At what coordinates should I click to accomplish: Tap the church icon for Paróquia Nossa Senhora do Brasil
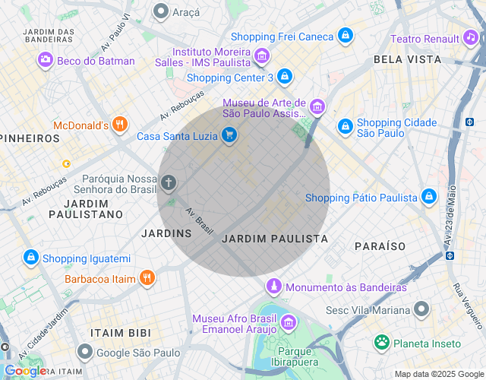tap(168, 182)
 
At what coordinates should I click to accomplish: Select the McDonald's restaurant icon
tap(119, 125)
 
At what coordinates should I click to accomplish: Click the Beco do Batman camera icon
tap(46, 61)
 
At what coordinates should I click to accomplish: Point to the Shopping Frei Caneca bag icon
tap(346, 36)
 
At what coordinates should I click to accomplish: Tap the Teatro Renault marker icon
tap(472, 38)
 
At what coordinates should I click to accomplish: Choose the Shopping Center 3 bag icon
tap(284, 77)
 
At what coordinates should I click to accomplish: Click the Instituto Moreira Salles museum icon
tap(262, 55)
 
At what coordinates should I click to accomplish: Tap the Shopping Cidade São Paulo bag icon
tap(345, 125)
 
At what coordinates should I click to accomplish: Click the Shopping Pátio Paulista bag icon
tap(429, 197)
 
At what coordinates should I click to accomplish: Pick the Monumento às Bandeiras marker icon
tap(273, 287)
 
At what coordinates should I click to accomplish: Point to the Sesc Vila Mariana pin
tap(421, 309)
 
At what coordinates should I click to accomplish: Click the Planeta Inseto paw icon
tap(381, 343)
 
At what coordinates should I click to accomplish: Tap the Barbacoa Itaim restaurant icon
tap(147, 278)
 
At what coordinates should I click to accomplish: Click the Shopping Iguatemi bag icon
tap(30, 258)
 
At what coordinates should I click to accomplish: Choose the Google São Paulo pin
tap(85, 352)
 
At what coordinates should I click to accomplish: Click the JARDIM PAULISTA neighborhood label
tap(275, 239)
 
